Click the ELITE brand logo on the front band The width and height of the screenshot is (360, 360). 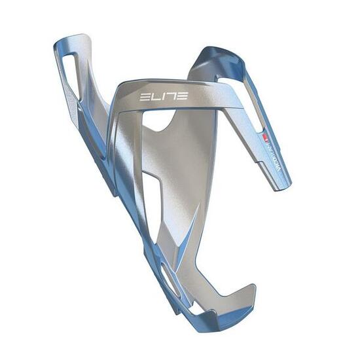pyautogui.click(x=164, y=96)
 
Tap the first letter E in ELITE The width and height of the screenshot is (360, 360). pyautogui.click(x=144, y=96)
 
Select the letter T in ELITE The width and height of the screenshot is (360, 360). pyautogui.click(x=171, y=96)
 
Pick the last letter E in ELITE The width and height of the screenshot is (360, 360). pyautogui.click(x=183, y=96)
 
